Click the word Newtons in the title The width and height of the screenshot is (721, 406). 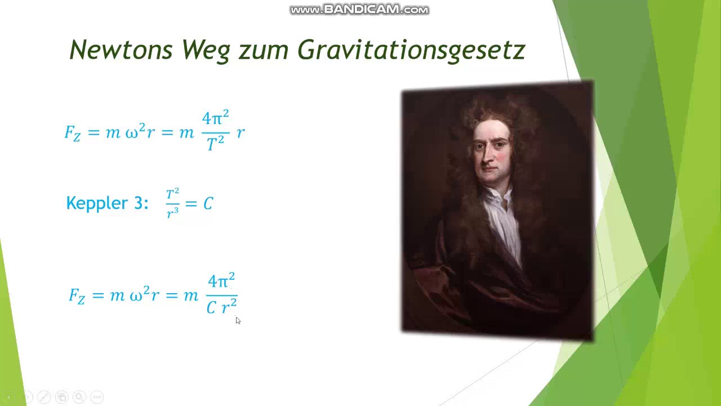coord(121,50)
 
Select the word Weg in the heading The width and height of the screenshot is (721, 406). coord(206,51)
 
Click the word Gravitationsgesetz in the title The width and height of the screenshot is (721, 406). coord(411,51)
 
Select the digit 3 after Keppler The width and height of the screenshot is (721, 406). coord(139,203)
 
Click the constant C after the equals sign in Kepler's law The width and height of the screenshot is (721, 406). coord(208,204)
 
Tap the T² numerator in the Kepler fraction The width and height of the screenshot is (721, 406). coord(172,195)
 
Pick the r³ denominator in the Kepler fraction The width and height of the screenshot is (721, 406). coord(172,212)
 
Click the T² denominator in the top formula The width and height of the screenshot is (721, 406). coord(215,144)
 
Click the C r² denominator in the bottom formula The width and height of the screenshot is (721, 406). coord(221,307)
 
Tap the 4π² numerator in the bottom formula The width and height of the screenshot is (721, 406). coord(221,281)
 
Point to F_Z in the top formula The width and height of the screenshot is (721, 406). coord(73,133)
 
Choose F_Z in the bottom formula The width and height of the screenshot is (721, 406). coord(77,295)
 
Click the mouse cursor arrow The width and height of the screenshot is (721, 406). coord(238,320)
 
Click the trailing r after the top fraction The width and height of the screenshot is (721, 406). coord(241,133)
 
